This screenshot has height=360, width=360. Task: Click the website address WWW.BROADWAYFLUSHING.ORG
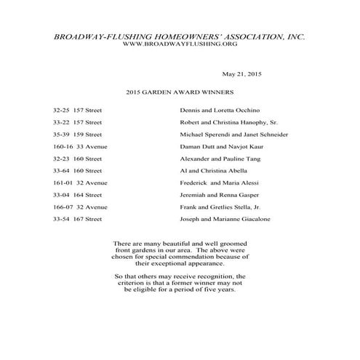click(180, 44)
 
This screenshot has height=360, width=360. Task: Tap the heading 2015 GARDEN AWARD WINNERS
click(179, 93)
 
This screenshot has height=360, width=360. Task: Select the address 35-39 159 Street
click(78, 134)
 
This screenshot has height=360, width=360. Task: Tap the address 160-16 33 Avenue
click(80, 146)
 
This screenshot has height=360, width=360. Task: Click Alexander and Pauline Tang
click(221, 159)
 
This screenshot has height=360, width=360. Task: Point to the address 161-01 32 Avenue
click(80, 183)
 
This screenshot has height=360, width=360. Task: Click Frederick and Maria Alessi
click(219, 183)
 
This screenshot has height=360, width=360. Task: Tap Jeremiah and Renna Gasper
click(219, 195)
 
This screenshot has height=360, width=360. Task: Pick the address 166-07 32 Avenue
click(80, 207)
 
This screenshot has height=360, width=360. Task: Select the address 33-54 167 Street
click(78, 219)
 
